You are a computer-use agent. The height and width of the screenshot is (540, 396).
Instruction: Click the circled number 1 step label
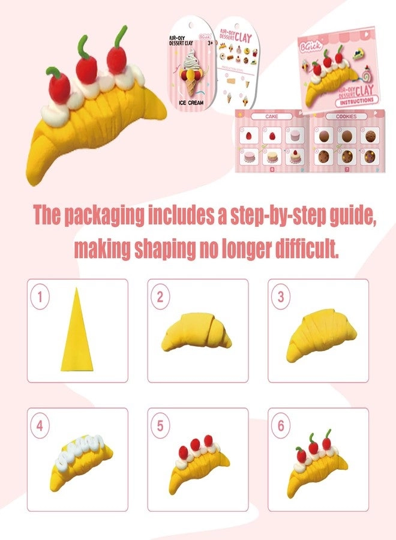41,296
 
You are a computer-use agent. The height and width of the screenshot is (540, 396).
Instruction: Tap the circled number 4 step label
41,426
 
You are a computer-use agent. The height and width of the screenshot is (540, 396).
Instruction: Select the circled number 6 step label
280,426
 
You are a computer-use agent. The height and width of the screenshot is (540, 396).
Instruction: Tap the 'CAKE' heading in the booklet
265,116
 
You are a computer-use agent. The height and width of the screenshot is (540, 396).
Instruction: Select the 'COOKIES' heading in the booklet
346,116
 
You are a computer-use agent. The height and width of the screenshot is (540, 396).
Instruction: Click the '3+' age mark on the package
207,43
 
